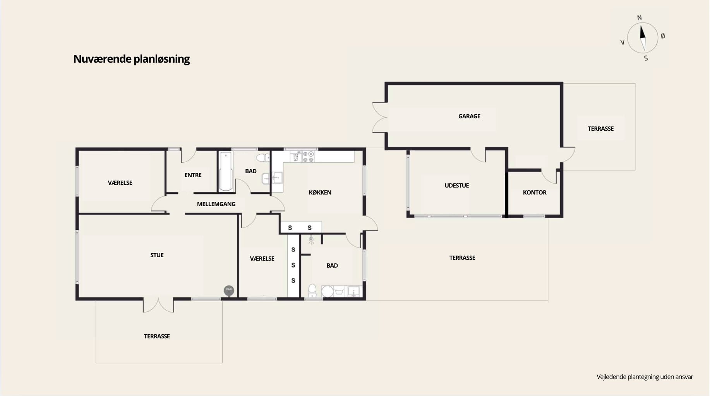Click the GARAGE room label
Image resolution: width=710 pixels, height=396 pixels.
click(x=469, y=116)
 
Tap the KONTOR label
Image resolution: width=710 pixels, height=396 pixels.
click(x=535, y=193)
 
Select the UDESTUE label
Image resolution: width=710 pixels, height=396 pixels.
click(x=457, y=186)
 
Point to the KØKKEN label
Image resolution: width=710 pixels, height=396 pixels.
click(x=320, y=193)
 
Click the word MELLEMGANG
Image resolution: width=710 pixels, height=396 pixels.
click(x=216, y=204)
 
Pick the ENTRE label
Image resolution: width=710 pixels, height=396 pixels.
click(x=193, y=175)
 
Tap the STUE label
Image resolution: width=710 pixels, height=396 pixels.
click(x=157, y=255)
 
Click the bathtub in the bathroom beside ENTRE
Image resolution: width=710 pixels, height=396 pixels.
click(x=226, y=171)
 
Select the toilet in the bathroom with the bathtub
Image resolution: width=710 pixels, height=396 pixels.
click(x=263, y=157)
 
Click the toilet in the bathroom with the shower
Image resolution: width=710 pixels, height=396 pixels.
click(x=312, y=290)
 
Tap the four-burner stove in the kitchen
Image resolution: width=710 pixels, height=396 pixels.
click(x=308, y=157)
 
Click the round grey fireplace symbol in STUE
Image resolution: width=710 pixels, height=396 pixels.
click(x=229, y=290)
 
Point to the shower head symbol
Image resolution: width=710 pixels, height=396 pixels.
click(x=311, y=240)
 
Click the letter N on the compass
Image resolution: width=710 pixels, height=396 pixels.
click(x=639, y=17)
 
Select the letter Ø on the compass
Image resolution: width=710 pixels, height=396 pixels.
click(x=663, y=36)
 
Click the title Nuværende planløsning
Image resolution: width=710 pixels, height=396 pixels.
click(x=131, y=59)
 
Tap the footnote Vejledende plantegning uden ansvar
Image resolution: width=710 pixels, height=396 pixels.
click(x=645, y=377)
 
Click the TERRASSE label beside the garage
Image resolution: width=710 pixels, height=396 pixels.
click(x=600, y=129)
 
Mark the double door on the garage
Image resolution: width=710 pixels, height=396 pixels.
click(x=380, y=117)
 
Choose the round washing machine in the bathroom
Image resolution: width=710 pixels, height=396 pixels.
click(x=328, y=292)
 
